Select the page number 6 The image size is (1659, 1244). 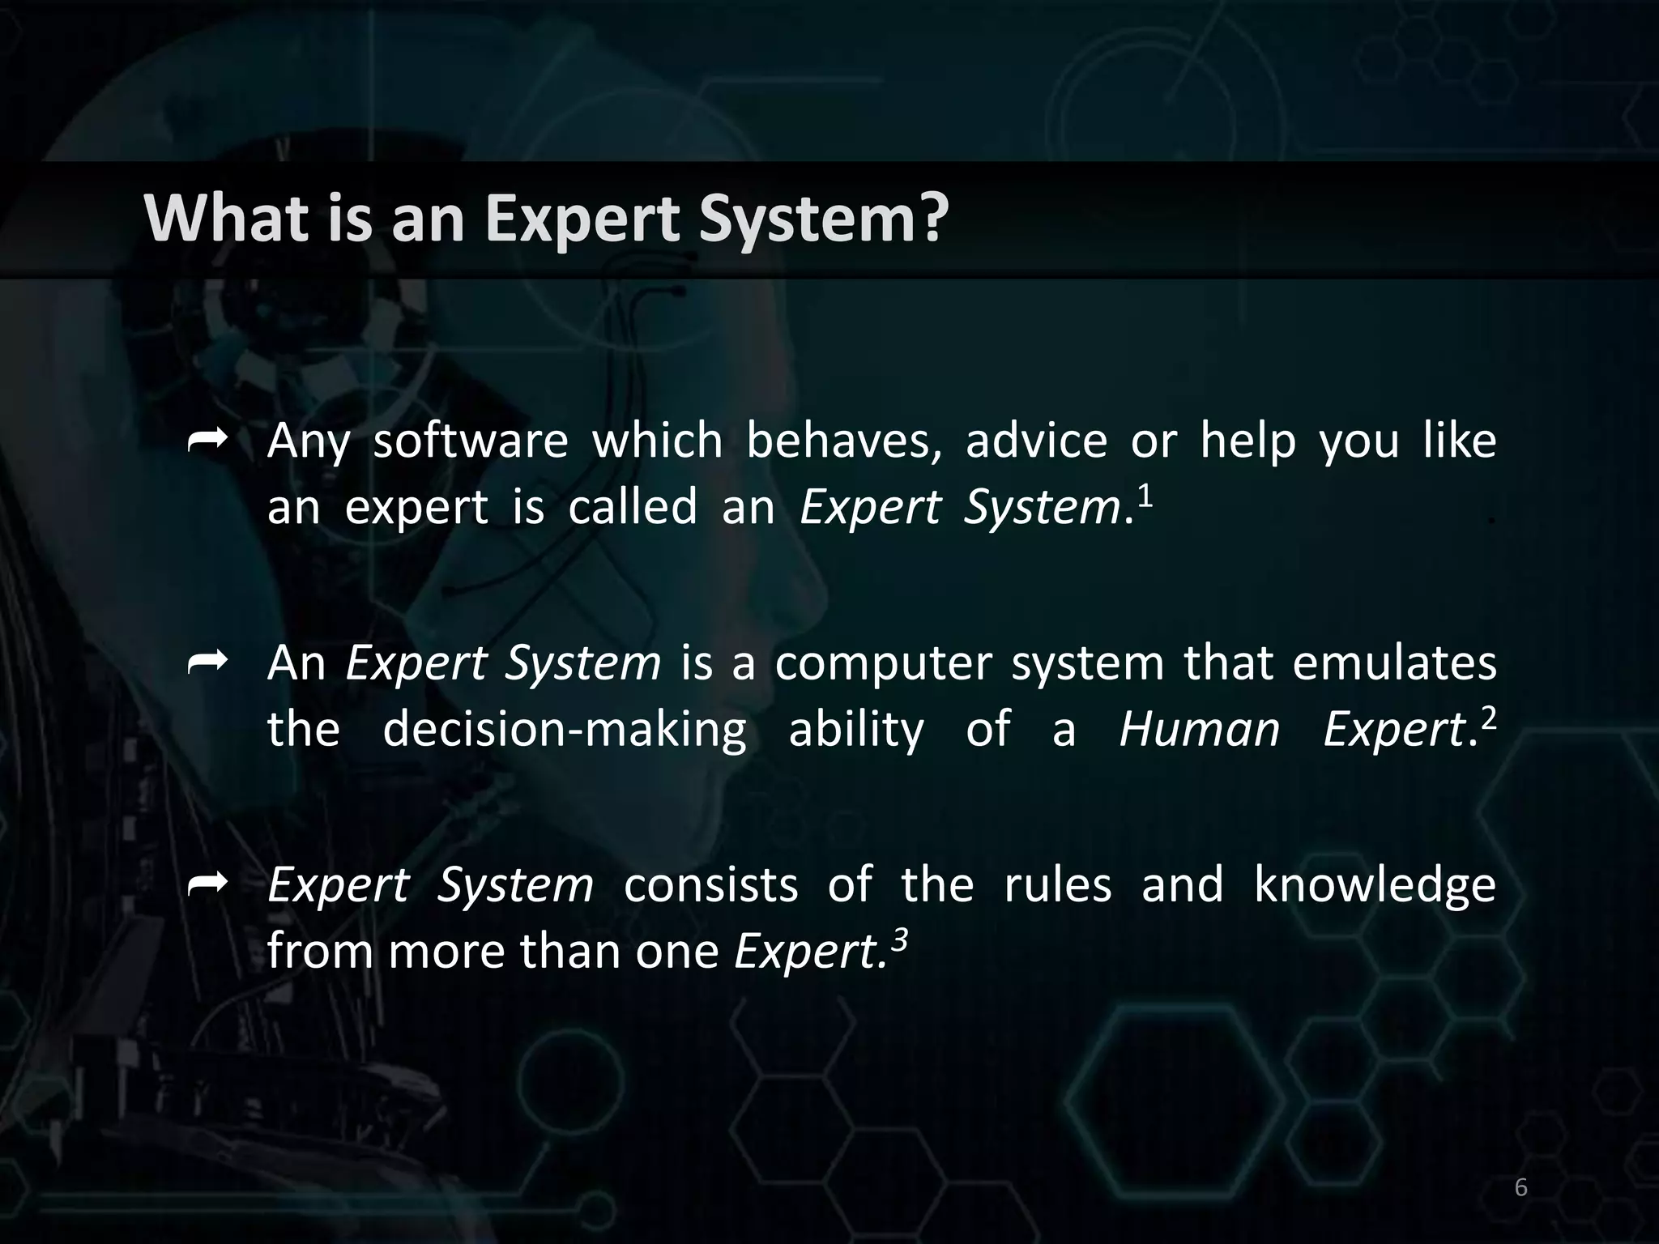[1520, 1187]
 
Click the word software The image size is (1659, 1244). [470, 441]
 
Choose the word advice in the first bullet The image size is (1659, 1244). [1036, 441]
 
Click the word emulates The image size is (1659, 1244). [1393, 663]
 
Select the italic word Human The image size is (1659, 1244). [1199, 729]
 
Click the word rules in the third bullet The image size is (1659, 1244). [1057, 885]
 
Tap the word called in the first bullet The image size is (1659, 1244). [632, 508]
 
